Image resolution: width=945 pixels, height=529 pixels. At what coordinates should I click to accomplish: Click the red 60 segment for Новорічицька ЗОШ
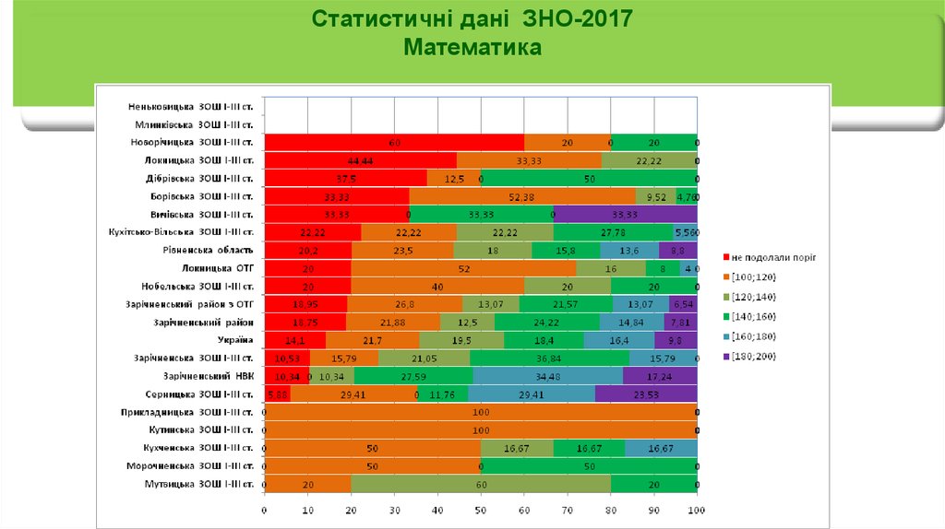click(x=394, y=143)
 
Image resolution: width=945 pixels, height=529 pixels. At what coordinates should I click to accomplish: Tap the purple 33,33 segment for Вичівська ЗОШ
click(x=626, y=215)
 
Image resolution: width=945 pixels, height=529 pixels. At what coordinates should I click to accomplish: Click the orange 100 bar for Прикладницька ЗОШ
click(x=480, y=413)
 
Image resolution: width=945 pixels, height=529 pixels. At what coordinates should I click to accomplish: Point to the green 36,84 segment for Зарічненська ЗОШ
click(x=550, y=359)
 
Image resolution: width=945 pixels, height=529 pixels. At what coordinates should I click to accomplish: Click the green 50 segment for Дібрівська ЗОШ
click(x=589, y=179)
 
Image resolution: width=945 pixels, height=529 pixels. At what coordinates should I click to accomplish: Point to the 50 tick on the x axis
click(x=480, y=510)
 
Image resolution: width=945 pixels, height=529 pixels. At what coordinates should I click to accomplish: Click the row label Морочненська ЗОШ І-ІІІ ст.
click(x=190, y=466)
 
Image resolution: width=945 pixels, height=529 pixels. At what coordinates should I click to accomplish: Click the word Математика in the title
click(x=472, y=46)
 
